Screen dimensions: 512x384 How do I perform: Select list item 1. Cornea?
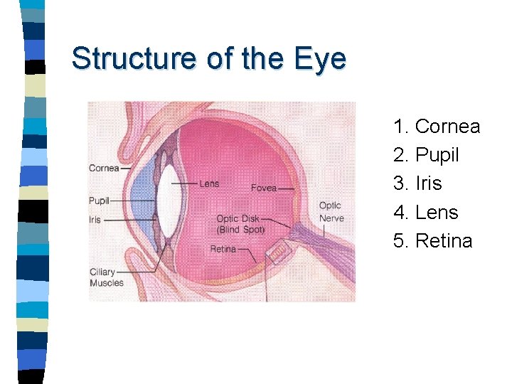click(437, 127)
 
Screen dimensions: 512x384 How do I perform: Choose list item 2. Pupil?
click(426, 155)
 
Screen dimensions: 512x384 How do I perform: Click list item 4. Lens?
click(425, 212)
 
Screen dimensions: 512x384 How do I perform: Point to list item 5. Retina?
click(432, 240)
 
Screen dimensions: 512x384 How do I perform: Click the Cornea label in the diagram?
click(104, 169)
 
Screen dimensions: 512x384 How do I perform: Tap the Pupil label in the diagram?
click(99, 201)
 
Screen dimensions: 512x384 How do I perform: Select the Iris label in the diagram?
click(95, 220)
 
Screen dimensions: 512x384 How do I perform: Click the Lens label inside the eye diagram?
click(209, 183)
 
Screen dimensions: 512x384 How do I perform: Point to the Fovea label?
click(263, 188)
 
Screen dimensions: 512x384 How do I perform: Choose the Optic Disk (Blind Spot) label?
click(240, 224)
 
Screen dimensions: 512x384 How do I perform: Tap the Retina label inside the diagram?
click(223, 249)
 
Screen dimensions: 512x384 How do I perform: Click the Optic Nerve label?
click(331, 212)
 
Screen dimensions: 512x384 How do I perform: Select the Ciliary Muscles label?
click(106, 277)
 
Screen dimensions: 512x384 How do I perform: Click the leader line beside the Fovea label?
click(287, 188)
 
